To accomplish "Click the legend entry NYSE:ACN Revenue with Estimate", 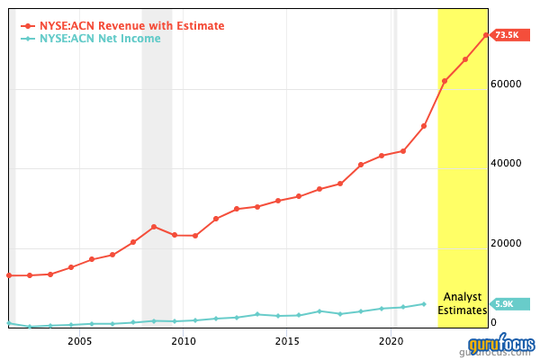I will point(131,26).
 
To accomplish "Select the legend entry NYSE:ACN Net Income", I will point(105,40).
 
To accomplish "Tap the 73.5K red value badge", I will point(508,35).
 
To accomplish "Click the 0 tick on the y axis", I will point(492,323).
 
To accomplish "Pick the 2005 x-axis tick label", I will point(80,342).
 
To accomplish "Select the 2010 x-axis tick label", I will point(184,342).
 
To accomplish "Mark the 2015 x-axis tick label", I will point(287,342).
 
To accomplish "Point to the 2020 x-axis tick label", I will point(391,342).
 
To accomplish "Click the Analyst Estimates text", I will point(462,303).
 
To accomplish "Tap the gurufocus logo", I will point(500,345).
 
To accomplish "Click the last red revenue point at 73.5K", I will point(486,35).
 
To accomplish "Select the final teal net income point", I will point(424,304).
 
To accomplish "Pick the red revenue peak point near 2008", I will point(154,227).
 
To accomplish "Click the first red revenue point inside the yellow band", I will point(445,81).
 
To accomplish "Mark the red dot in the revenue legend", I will point(28,26).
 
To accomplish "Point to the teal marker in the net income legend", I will point(28,40).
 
